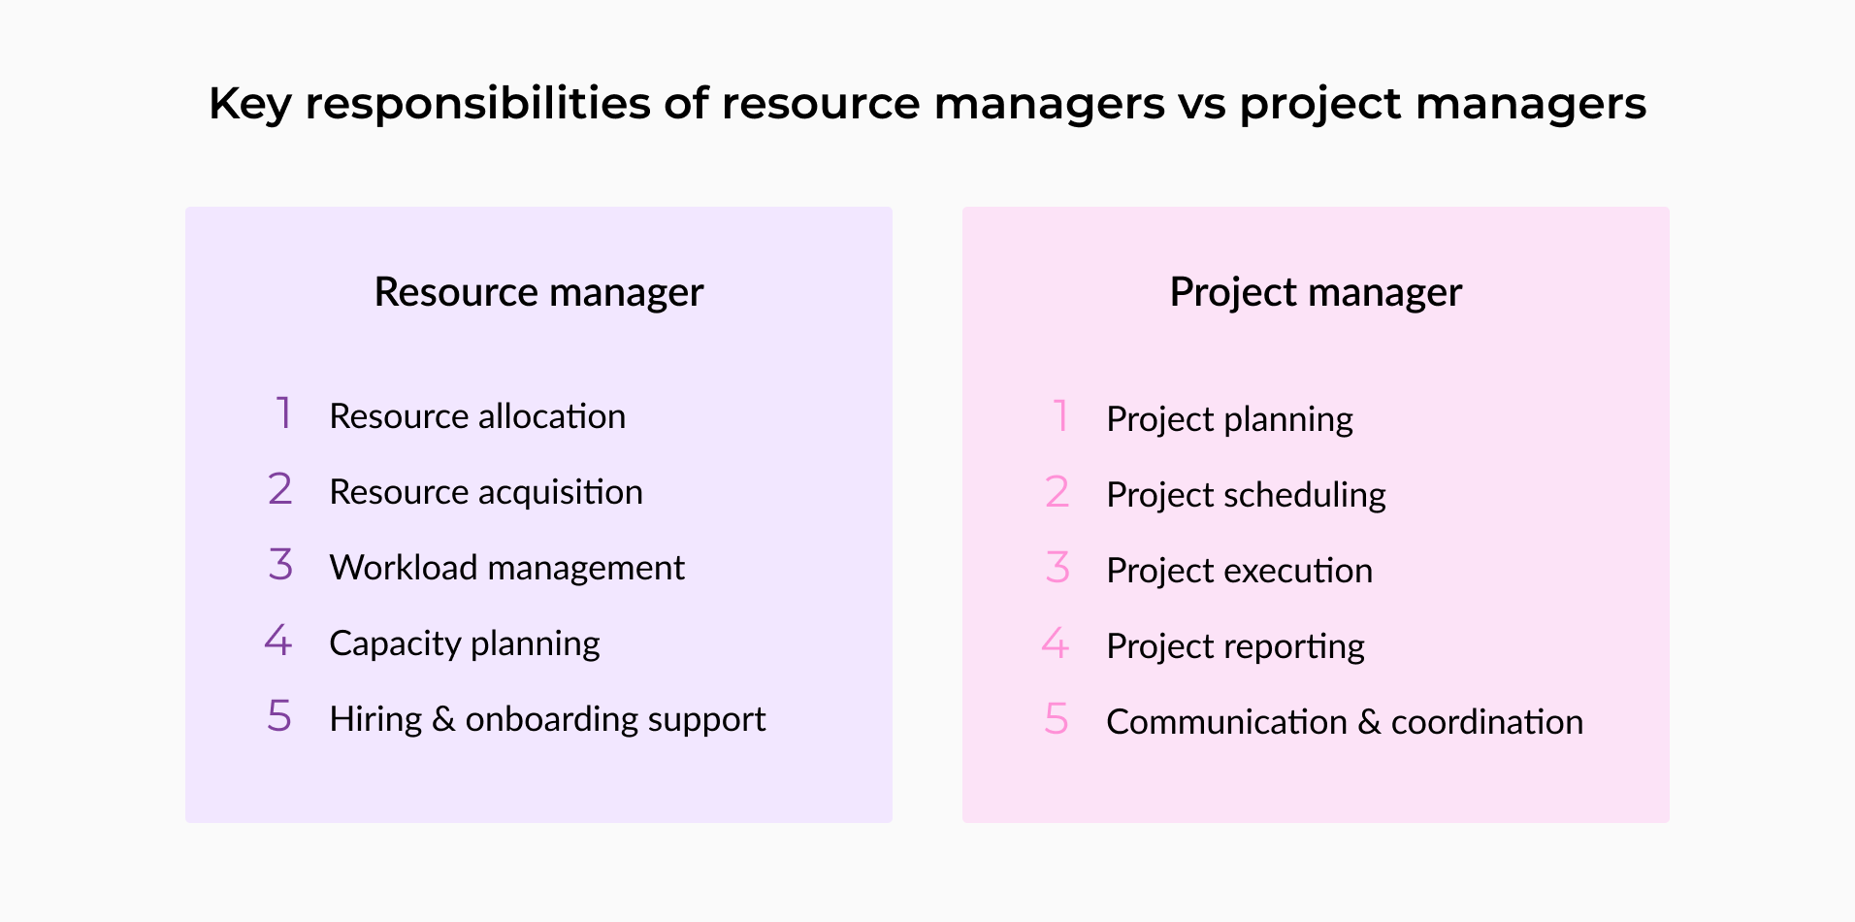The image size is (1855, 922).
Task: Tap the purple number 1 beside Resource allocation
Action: [x=283, y=413]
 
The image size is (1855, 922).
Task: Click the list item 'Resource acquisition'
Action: [x=486, y=492]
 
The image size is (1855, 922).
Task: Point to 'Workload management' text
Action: [x=507, y=568]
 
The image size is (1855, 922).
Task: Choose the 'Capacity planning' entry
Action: [x=465, y=644]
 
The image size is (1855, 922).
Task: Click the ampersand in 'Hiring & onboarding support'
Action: [x=443, y=719]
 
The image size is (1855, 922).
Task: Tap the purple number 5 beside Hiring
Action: [x=279, y=716]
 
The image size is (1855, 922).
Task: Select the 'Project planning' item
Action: [x=1229, y=420]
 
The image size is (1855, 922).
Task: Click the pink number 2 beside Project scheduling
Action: [x=1058, y=492]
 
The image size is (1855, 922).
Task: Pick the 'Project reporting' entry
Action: [x=1235, y=647]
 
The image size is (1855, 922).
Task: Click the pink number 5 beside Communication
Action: [x=1057, y=719]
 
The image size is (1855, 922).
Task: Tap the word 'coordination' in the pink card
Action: [x=1487, y=722]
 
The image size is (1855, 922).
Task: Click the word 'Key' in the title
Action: [x=249, y=105]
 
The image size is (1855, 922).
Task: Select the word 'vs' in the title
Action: [x=1202, y=105]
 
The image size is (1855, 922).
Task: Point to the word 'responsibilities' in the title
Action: [x=477, y=105]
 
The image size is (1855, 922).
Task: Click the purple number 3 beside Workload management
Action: [x=280, y=565]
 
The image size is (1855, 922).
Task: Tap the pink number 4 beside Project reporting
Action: [x=1056, y=643]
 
